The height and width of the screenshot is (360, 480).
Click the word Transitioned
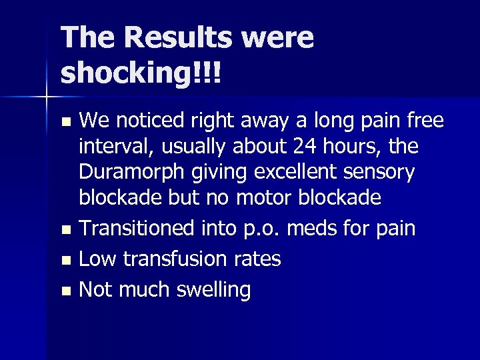(137, 229)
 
